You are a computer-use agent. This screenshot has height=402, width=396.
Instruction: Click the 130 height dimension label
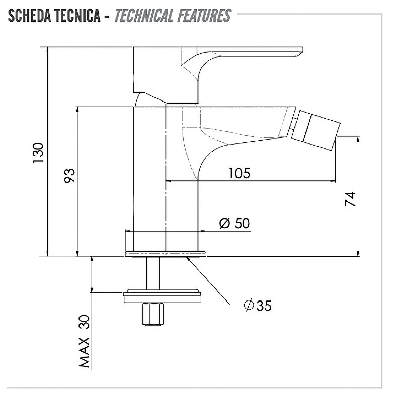[x=38, y=153]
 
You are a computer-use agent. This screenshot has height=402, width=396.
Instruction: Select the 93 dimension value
[x=69, y=175]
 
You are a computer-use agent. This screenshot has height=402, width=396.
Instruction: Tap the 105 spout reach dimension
[x=239, y=173]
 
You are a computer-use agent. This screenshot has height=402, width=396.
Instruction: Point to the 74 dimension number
[x=350, y=199]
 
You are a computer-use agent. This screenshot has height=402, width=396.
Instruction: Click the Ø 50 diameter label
[x=234, y=223]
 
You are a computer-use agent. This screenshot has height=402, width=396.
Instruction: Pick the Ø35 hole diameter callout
[x=258, y=305]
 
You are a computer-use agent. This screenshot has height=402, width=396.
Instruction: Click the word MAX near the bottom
[x=84, y=353]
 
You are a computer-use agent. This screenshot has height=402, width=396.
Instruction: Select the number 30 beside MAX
[x=84, y=322]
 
